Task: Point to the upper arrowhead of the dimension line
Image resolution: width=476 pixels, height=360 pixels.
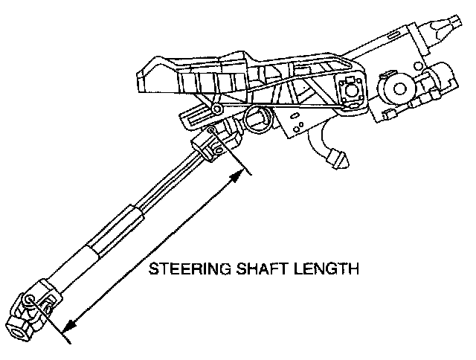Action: (240, 173)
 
